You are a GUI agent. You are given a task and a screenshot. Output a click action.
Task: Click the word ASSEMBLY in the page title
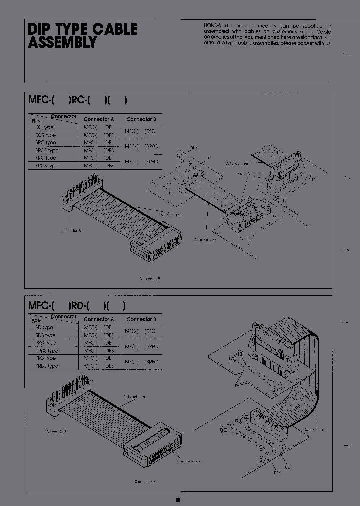tap(62, 43)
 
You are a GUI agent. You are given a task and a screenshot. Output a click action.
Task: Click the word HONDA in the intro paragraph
tap(213, 25)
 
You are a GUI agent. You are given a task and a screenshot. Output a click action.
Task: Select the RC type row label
tap(44, 127)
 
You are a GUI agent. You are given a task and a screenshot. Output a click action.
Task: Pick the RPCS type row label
tap(47, 150)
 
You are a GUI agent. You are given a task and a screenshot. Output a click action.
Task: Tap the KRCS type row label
tap(47, 166)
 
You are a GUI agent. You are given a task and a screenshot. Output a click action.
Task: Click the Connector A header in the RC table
tap(99, 119)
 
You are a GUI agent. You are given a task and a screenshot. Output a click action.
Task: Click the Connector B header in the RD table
tap(141, 319)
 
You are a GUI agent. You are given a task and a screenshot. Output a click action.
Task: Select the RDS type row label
tap(45, 335)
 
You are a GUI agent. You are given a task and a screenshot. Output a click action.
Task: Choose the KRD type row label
tap(45, 358)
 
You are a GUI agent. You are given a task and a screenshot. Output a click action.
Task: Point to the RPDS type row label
tap(47, 351)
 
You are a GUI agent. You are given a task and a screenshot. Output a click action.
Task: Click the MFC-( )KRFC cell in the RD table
tap(141, 362)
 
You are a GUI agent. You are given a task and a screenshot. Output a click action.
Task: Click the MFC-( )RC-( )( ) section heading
tap(78, 100)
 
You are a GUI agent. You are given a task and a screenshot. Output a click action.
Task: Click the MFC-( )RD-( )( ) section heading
tap(77, 305)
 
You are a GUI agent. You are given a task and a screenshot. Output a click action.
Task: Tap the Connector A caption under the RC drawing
tap(70, 231)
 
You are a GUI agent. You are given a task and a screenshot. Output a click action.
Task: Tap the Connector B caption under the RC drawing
tap(150, 278)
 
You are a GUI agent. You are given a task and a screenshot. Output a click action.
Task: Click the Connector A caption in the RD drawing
tap(56, 431)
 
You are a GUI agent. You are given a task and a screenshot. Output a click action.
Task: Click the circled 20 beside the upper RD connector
tap(233, 358)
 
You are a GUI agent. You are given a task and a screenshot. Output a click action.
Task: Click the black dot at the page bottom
tap(178, 499)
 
